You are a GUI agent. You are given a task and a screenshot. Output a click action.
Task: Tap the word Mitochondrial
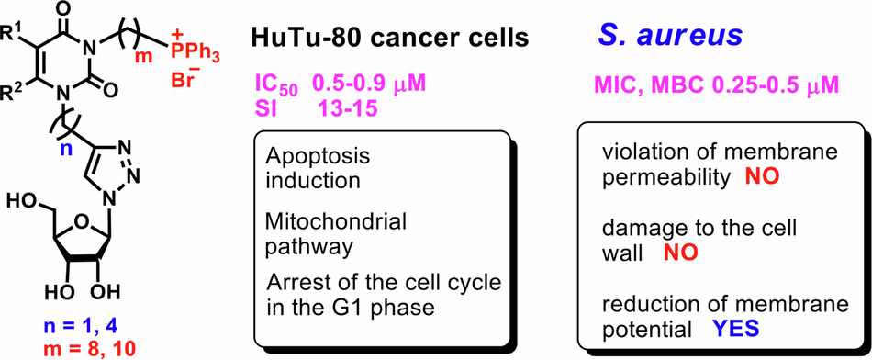335,222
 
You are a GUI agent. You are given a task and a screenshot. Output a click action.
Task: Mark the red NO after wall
681,253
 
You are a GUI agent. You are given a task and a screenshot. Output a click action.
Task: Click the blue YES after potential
736,330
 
